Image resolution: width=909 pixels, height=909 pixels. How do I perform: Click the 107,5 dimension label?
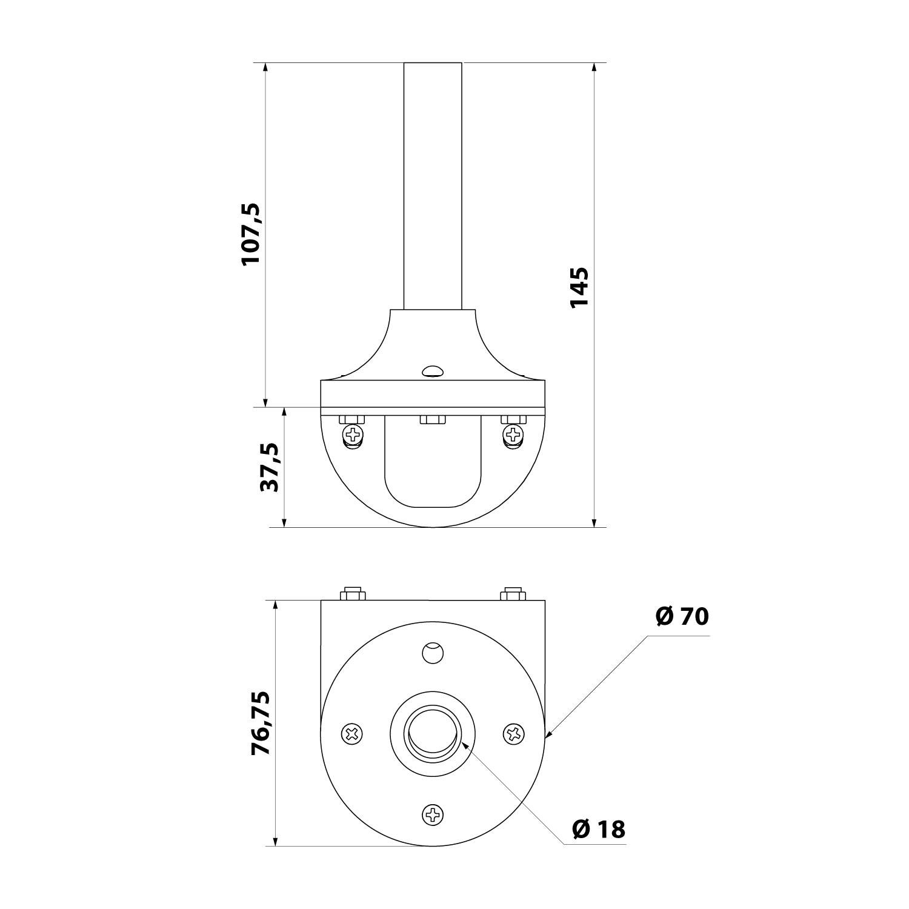point(251,234)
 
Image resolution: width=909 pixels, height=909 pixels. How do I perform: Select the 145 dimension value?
point(579,287)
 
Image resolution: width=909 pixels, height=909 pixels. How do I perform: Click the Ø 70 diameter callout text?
point(682,616)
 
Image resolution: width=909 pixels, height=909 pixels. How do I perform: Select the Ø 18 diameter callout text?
point(598,829)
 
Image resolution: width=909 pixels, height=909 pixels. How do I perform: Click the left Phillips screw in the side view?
point(352,433)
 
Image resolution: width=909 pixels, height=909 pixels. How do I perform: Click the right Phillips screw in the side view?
point(513,433)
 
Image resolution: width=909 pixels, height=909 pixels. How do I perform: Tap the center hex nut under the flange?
point(433,419)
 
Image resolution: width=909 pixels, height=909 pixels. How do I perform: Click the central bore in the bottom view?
point(433,733)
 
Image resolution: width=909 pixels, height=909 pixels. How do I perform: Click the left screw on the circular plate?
point(352,734)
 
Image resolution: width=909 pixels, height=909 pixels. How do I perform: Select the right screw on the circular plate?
point(514,734)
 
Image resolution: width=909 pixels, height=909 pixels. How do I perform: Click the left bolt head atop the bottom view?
point(353,593)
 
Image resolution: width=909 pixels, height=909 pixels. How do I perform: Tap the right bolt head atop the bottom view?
point(513,593)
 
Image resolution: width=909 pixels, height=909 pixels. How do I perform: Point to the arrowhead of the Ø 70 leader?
point(548,735)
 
